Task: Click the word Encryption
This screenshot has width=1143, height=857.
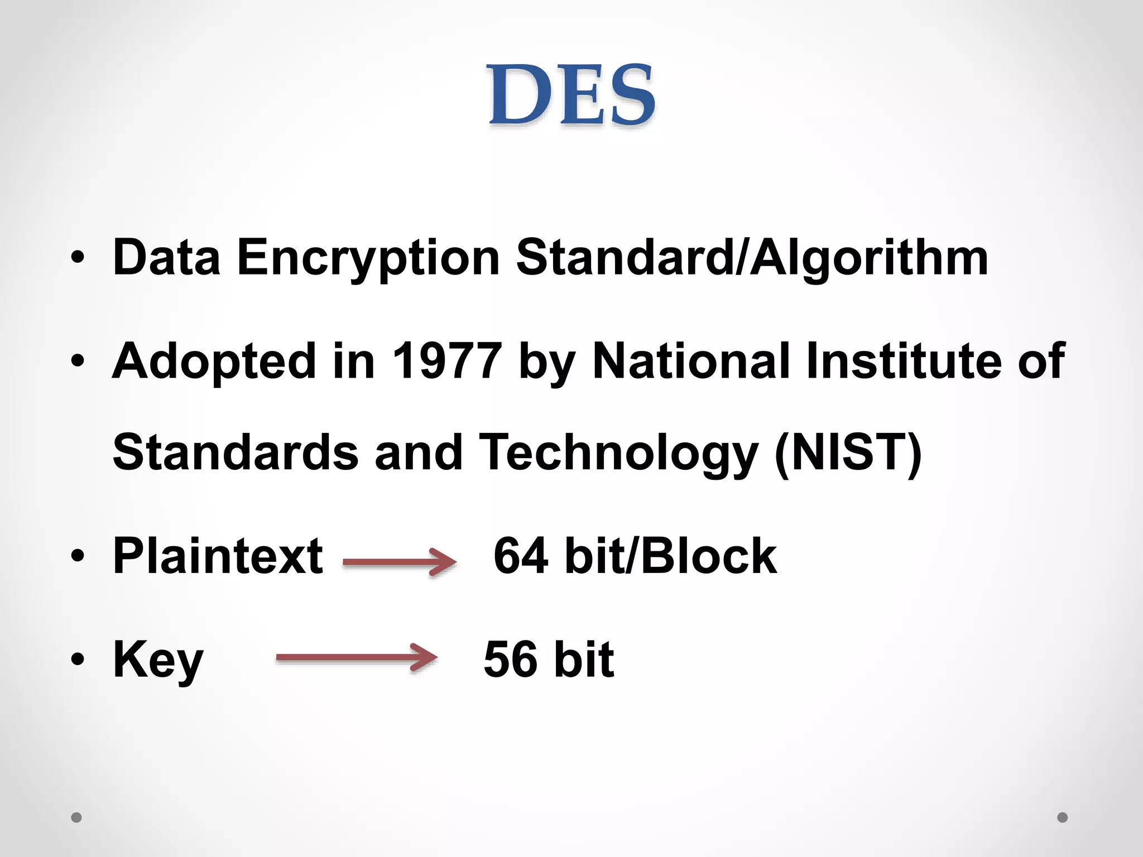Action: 368,258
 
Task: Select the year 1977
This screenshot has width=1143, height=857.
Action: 446,361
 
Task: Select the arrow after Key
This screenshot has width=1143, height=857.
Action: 357,658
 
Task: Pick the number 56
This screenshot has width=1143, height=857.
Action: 511,659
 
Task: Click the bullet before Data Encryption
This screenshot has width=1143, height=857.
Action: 78,258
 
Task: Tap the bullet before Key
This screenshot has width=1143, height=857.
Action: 78,659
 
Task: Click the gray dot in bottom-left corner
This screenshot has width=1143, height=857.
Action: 76,817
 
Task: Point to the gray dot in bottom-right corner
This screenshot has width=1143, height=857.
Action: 1063,817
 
